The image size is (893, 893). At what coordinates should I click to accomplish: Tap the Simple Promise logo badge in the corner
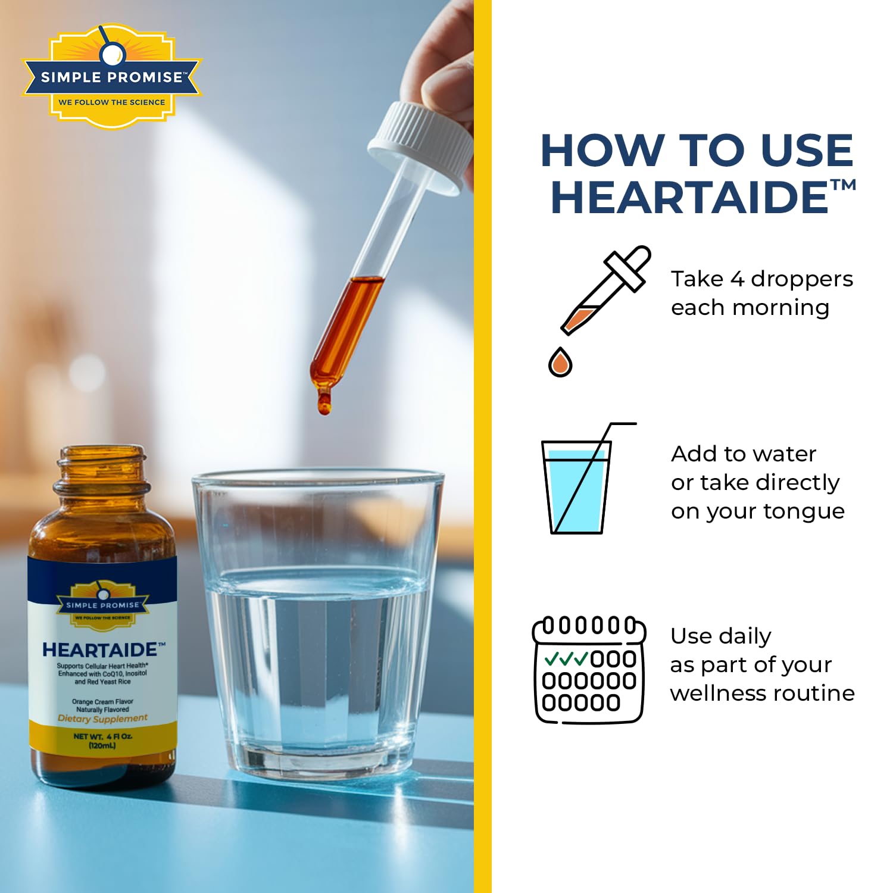tap(112, 76)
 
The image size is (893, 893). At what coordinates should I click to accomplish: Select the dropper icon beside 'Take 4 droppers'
tap(605, 290)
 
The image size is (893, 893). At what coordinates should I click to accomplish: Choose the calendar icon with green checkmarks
tap(589, 670)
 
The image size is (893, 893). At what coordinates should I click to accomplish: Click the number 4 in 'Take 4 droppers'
tap(737, 279)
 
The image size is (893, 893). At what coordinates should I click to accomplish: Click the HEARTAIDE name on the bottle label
tap(100, 650)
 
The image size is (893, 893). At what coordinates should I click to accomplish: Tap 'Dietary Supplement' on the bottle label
tap(102, 719)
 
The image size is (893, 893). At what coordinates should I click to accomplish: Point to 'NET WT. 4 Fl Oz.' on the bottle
tap(103, 736)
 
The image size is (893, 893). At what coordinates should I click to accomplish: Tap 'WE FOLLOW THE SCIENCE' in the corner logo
tap(112, 102)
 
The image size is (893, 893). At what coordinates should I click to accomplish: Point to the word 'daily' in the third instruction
tap(742, 637)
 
